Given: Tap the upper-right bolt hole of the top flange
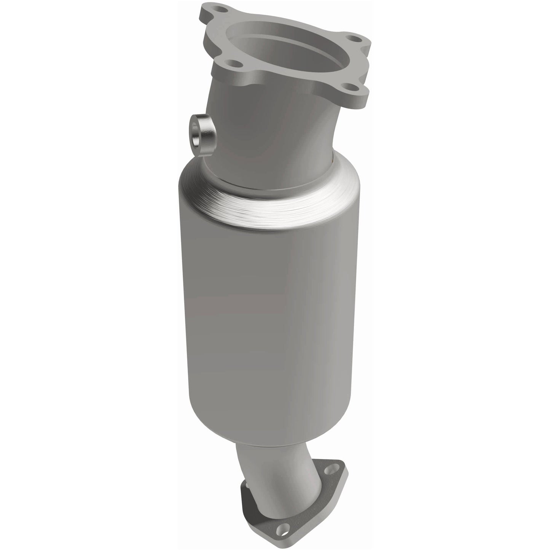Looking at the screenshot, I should pyautogui.click(x=355, y=39).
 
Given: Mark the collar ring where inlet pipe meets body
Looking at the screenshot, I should pyautogui.click(x=266, y=179).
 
